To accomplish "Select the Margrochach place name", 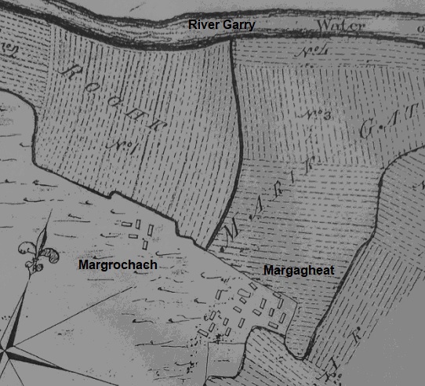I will click(118, 264).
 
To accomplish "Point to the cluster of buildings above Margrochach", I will click(140, 231).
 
